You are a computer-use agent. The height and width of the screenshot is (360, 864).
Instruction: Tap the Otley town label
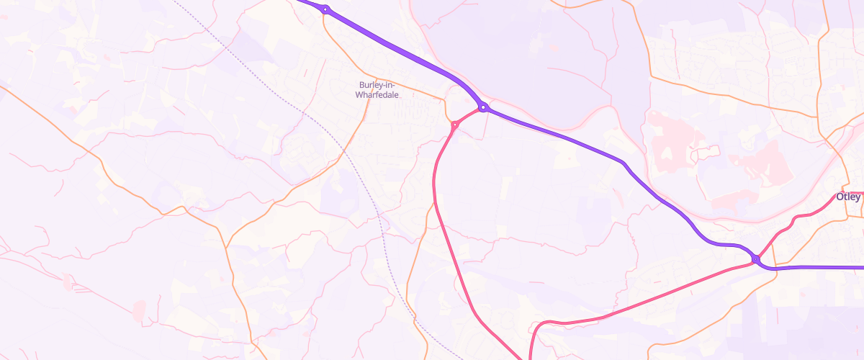coord(847,197)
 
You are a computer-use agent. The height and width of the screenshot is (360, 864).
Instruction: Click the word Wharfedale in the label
coord(379,94)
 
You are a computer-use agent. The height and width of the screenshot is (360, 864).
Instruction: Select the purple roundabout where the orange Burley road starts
coord(325,9)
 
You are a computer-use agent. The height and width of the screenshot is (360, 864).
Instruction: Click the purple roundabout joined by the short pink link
coord(483,107)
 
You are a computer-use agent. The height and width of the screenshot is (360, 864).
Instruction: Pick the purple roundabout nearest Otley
coord(755,259)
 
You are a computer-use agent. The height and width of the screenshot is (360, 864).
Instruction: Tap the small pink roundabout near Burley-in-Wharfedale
coord(454,125)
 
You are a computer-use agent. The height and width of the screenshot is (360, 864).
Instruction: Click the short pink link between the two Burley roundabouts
coord(469,115)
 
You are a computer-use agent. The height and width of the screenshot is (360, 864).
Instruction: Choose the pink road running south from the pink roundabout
coord(446,245)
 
